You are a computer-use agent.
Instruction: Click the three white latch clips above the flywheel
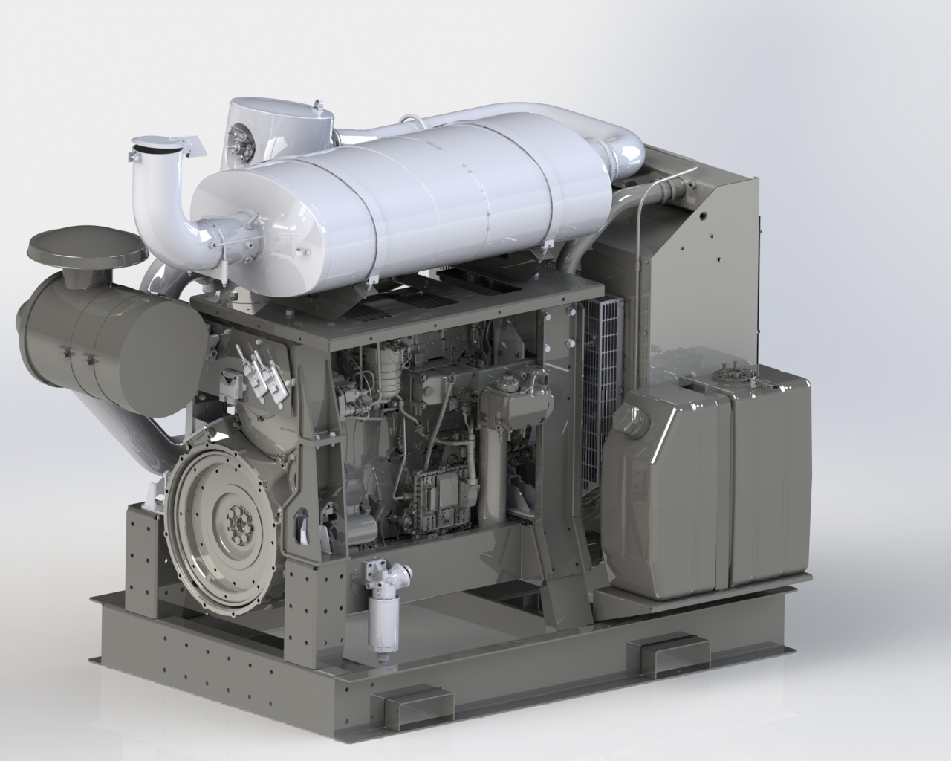point(256,375)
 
